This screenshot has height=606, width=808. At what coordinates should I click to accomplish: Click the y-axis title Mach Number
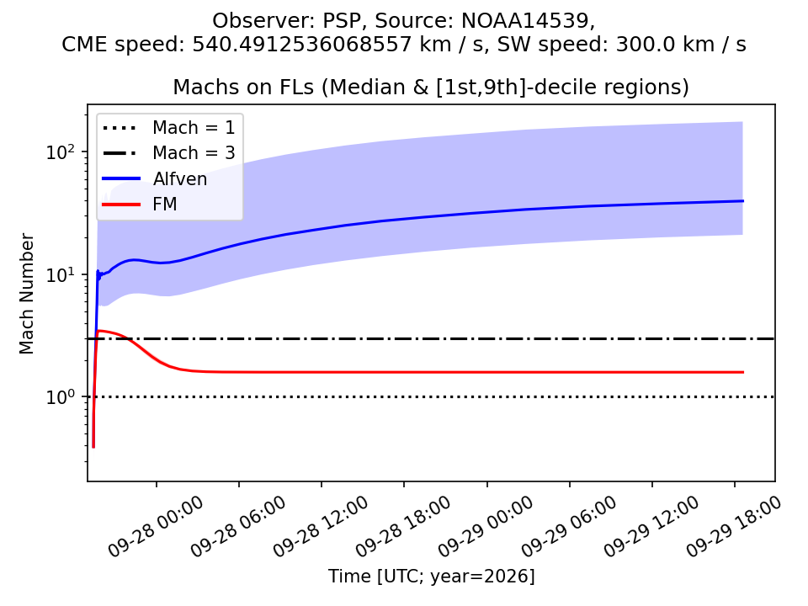[26, 294]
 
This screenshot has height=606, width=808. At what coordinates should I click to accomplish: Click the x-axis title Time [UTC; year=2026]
[431, 576]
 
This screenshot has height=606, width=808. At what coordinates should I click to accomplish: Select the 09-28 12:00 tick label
[320, 526]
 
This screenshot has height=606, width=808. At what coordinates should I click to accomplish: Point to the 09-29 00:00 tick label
[486, 526]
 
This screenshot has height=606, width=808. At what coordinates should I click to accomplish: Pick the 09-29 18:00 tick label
[733, 526]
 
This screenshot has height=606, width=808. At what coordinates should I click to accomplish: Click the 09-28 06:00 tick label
[237, 526]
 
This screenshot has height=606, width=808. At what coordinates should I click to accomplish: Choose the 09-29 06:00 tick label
[568, 526]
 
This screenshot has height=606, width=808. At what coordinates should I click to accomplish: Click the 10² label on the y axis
[61, 152]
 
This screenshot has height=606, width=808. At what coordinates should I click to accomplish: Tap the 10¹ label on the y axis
[61, 274]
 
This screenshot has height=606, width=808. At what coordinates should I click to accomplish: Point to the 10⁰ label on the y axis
[61, 397]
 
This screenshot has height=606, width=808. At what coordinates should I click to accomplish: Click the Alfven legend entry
[155, 178]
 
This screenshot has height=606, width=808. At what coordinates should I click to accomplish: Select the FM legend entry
[140, 205]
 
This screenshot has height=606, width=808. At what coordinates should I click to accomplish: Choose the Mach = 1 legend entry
[168, 127]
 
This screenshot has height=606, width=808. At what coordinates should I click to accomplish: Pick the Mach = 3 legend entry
[168, 153]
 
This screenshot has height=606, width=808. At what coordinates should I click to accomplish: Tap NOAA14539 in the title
[524, 20]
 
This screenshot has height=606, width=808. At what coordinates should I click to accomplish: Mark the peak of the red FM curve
[99, 331]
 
